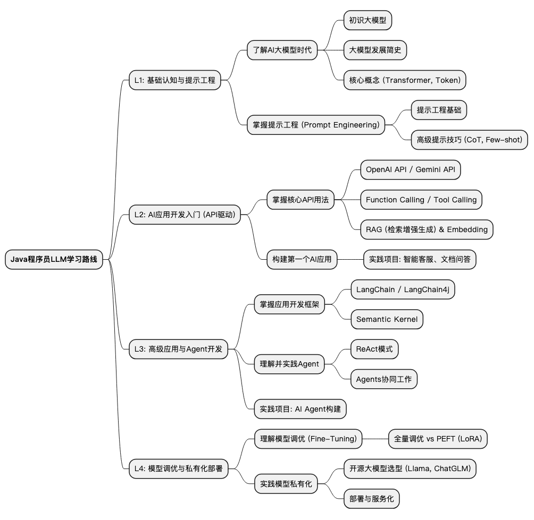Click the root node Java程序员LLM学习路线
pos(54,260)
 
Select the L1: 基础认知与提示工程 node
pos(174,80)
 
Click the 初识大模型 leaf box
pos(368,21)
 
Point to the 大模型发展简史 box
pos(375,50)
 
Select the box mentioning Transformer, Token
pos(405,80)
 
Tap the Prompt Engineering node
pos(316,125)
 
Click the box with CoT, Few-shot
pos(470,140)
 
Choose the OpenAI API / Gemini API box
pos(410,170)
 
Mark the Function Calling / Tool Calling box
pos(421,200)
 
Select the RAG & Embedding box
pos(427,229)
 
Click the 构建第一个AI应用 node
pos(302,260)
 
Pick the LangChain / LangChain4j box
pos(403,289)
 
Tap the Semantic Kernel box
pos(387,319)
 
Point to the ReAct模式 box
pos(374,349)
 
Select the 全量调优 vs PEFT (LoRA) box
pos(438,439)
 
